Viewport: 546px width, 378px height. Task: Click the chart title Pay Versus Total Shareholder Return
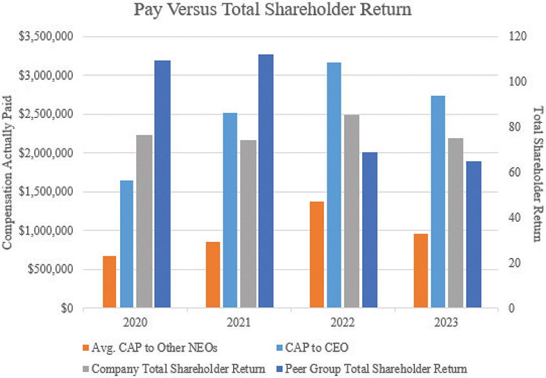point(273,10)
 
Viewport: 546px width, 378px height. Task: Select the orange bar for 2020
point(109,282)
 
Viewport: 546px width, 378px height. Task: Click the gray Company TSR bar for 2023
point(456,223)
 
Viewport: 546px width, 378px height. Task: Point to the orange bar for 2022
point(317,255)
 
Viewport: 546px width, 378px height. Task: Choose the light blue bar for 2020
point(127,244)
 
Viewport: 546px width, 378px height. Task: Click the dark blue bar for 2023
point(473,235)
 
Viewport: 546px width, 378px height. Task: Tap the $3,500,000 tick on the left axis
point(45,37)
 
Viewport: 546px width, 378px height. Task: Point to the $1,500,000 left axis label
point(45,192)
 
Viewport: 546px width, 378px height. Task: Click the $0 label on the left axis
point(63,308)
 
